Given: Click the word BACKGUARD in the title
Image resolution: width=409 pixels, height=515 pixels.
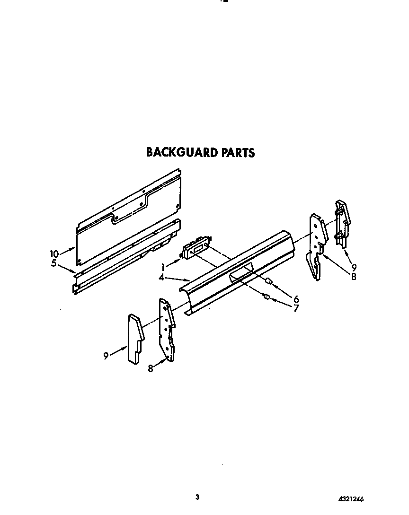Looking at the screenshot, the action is (181, 152).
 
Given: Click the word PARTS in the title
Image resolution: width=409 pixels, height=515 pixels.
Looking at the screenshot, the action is (238, 152).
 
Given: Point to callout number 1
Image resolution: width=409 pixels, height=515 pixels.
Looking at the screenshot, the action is (163, 266).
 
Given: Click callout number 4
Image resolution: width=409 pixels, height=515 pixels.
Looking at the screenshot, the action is (162, 278).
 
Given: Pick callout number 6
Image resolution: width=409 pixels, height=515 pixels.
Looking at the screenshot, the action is (296, 298).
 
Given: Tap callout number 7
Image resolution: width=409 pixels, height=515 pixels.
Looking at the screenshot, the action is (296, 308).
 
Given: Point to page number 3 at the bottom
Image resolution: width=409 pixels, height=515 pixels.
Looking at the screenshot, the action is (197, 497).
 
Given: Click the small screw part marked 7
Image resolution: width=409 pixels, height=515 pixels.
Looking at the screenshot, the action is (266, 297).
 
